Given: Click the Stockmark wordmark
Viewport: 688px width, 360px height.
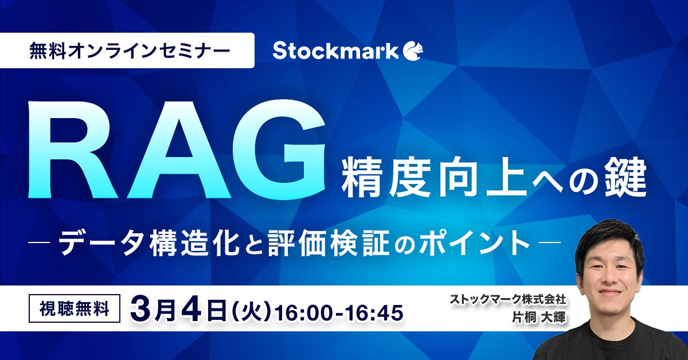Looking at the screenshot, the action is (x=335, y=51).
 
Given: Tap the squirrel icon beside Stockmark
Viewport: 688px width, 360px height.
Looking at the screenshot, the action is (x=412, y=51).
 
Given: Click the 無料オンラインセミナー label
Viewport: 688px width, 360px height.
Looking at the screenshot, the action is (x=130, y=50).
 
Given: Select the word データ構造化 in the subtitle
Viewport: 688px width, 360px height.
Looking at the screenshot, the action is (x=149, y=243).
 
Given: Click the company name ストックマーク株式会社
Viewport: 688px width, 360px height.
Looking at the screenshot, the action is (x=508, y=299).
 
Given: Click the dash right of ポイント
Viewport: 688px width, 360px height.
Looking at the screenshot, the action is (x=550, y=243).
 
